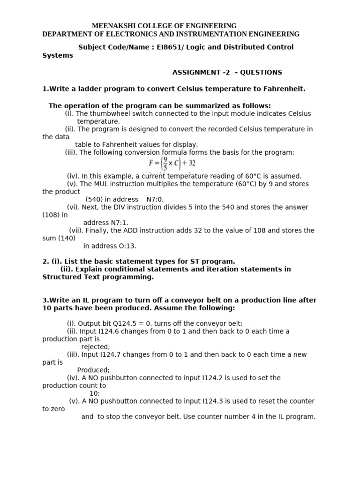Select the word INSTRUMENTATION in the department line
(x=219, y=34)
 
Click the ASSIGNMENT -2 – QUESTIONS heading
(x=227, y=73)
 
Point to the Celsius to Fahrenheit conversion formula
(x=172, y=164)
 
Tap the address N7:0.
(x=155, y=199)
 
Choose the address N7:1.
(x=119, y=223)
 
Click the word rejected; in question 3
(x=96, y=347)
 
